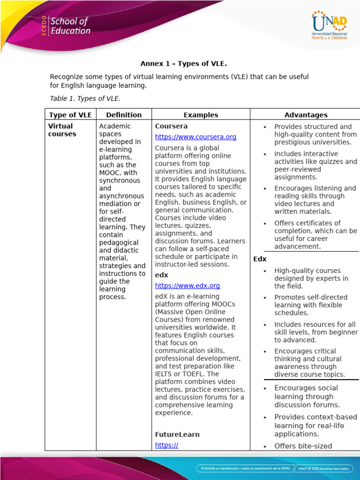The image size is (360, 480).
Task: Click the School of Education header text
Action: (x=70, y=26)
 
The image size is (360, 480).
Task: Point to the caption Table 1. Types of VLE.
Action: (x=85, y=98)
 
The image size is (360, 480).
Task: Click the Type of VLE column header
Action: (x=70, y=115)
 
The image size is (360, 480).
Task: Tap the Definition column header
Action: (x=124, y=115)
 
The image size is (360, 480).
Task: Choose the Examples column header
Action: (x=201, y=115)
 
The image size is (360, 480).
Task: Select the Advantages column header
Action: (x=306, y=115)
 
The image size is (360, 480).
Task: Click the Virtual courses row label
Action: (x=62, y=130)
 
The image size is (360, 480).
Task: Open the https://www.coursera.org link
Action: (x=195, y=137)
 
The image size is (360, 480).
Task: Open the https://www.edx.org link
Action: (x=187, y=285)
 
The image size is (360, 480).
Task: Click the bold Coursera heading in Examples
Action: (x=171, y=126)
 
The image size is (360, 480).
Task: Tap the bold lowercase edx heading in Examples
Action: (x=161, y=275)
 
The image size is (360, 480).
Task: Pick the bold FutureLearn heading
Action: (x=177, y=435)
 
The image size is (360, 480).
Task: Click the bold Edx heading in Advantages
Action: (x=260, y=259)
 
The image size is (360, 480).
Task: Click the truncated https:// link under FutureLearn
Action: (x=166, y=445)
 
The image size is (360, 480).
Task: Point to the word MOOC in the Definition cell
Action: (x=111, y=172)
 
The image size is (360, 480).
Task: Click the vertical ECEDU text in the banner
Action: (x=44, y=26)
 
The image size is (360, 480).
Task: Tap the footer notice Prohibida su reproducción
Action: (x=244, y=468)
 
